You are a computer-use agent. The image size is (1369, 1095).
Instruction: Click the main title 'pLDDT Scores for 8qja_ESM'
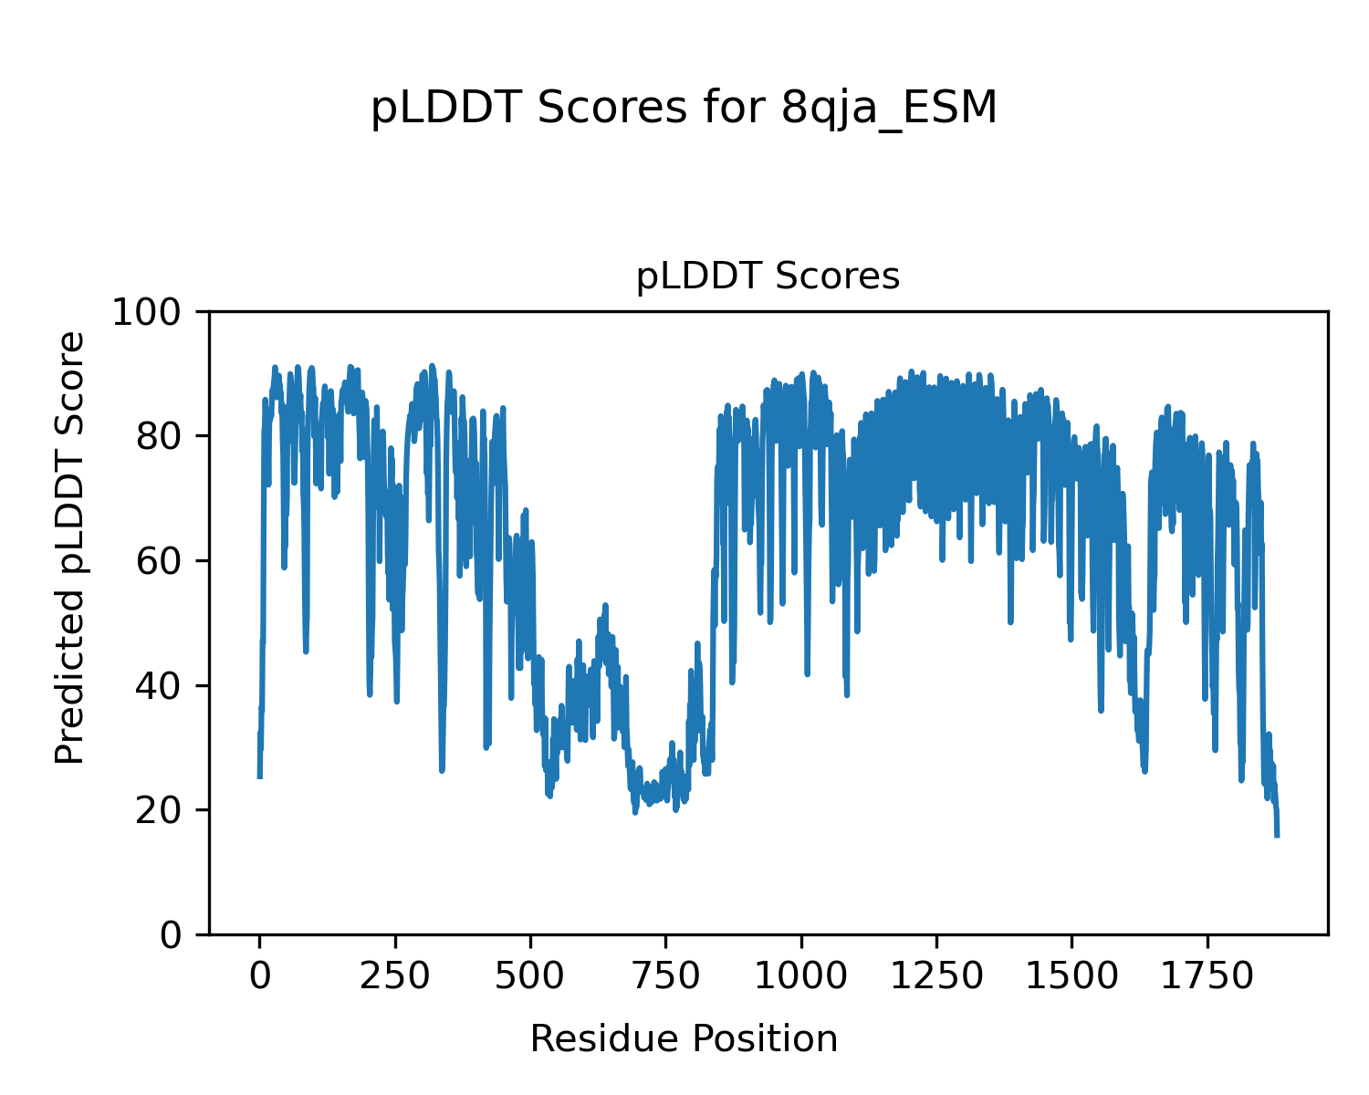coord(684,109)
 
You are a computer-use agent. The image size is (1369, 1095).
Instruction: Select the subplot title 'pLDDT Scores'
coord(768,276)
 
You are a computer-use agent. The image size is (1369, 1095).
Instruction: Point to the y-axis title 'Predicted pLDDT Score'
coord(70,547)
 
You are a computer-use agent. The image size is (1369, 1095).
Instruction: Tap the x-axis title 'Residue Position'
coord(684,1039)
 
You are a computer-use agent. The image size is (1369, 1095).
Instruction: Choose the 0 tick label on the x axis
coord(260,977)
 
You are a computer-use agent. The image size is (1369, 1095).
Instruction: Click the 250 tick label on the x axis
coord(395,977)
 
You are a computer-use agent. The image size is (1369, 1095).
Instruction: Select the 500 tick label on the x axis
coord(530,977)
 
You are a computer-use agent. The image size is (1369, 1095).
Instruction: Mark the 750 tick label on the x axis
coord(665,977)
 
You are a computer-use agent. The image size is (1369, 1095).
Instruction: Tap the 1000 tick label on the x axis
coord(800,977)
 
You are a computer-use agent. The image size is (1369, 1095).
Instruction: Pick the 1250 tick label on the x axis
coord(935,977)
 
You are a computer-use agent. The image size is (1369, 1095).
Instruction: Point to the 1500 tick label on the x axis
coord(1071,977)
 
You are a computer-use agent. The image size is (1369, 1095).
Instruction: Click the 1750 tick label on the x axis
coord(1207,977)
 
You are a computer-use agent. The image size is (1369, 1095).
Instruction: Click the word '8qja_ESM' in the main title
coord(890,109)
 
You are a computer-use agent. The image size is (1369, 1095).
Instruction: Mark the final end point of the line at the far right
coord(1277,835)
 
